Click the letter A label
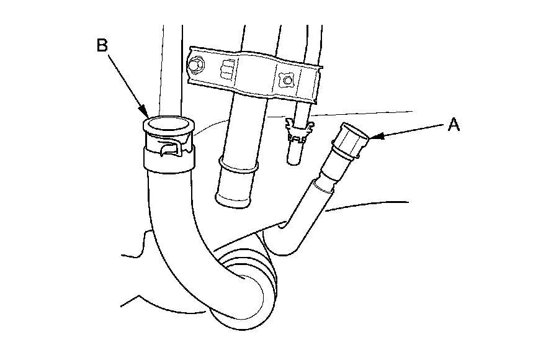click(x=454, y=125)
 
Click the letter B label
click(x=102, y=45)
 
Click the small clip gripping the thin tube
click(x=298, y=131)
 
